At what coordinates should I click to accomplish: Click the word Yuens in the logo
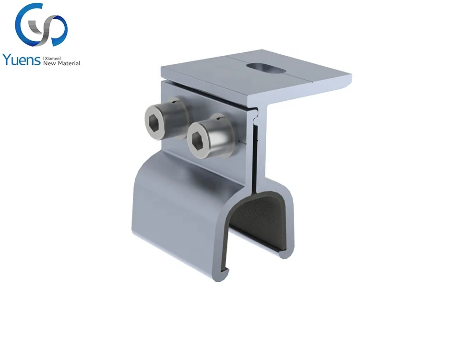(22, 60)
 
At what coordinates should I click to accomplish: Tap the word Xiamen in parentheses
(52, 58)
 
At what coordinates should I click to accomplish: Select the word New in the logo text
(49, 63)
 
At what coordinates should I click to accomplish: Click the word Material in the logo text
(69, 63)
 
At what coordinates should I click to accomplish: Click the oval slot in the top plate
(266, 68)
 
